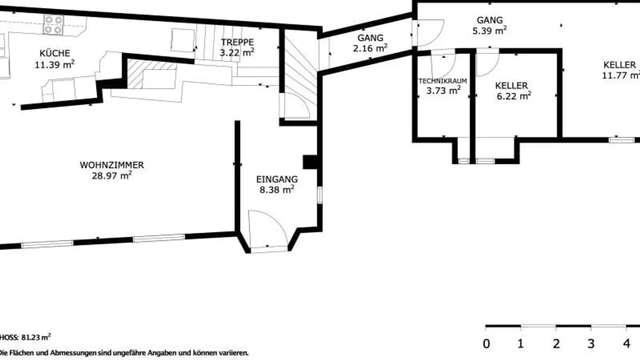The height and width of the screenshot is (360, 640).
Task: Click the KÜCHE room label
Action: pyautogui.click(x=55, y=53)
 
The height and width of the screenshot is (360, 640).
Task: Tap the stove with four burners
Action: pyautogui.click(x=53, y=25)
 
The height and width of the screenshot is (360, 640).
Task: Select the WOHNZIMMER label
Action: pyautogui.click(x=112, y=165)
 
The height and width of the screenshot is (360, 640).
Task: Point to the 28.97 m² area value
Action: pyautogui.click(x=112, y=176)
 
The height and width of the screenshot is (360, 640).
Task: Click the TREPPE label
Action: pyautogui.click(x=237, y=42)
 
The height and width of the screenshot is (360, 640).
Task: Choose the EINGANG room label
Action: pyautogui.click(x=277, y=180)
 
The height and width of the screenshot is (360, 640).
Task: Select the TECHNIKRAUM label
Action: pyautogui.click(x=443, y=81)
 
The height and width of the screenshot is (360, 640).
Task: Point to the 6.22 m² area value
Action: pyautogui.click(x=513, y=96)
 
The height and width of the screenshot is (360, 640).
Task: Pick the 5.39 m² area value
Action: pyautogui.click(x=490, y=31)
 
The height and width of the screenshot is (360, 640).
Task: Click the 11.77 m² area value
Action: pyautogui.click(x=620, y=75)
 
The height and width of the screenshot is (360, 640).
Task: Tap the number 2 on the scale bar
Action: pyautogui.click(x=556, y=344)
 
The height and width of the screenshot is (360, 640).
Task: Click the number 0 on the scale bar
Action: pyautogui.click(x=486, y=344)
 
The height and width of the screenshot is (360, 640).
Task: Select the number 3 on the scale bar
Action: pyautogui.click(x=591, y=344)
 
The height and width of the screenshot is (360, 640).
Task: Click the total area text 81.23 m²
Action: pyautogui.click(x=36, y=337)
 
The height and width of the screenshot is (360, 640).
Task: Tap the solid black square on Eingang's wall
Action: pyautogui.click(x=309, y=162)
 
